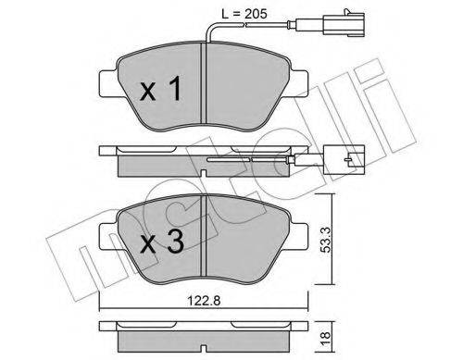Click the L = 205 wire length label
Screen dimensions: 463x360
click(244, 14)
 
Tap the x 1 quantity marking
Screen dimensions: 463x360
click(160, 89)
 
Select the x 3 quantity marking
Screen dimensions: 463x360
click(162, 242)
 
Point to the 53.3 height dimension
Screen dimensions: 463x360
click(325, 239)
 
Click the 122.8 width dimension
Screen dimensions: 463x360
click(206, 301)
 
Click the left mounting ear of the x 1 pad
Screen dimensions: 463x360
click(108, 82)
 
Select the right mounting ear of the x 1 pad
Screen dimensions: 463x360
click(299, 82)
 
